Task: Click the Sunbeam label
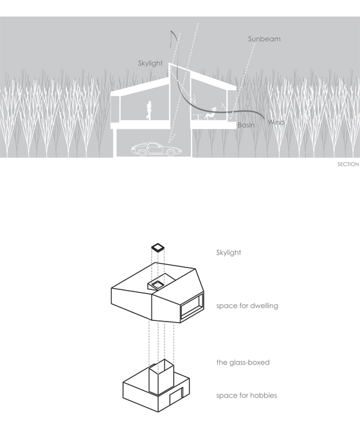click(264, 39)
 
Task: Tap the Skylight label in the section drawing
click(150, 64)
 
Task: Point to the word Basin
click(246, 125)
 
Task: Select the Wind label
click(276, 122)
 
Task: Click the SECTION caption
click(348, 165)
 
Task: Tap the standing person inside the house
click(149, 111)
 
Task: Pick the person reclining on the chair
click(211, 114)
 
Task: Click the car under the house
click(157, 149)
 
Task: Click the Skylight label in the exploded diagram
click(228, 253)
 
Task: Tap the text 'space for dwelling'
click(247, 305)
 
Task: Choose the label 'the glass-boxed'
click(243, 362)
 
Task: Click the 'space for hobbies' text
click(247, 395)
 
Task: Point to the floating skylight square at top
click(157, 247)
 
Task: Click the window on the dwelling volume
click(192, 307)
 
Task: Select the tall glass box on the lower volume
click(161, 377)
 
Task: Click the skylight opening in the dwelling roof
click(157, 284)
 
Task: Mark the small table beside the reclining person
click(197, 117)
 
